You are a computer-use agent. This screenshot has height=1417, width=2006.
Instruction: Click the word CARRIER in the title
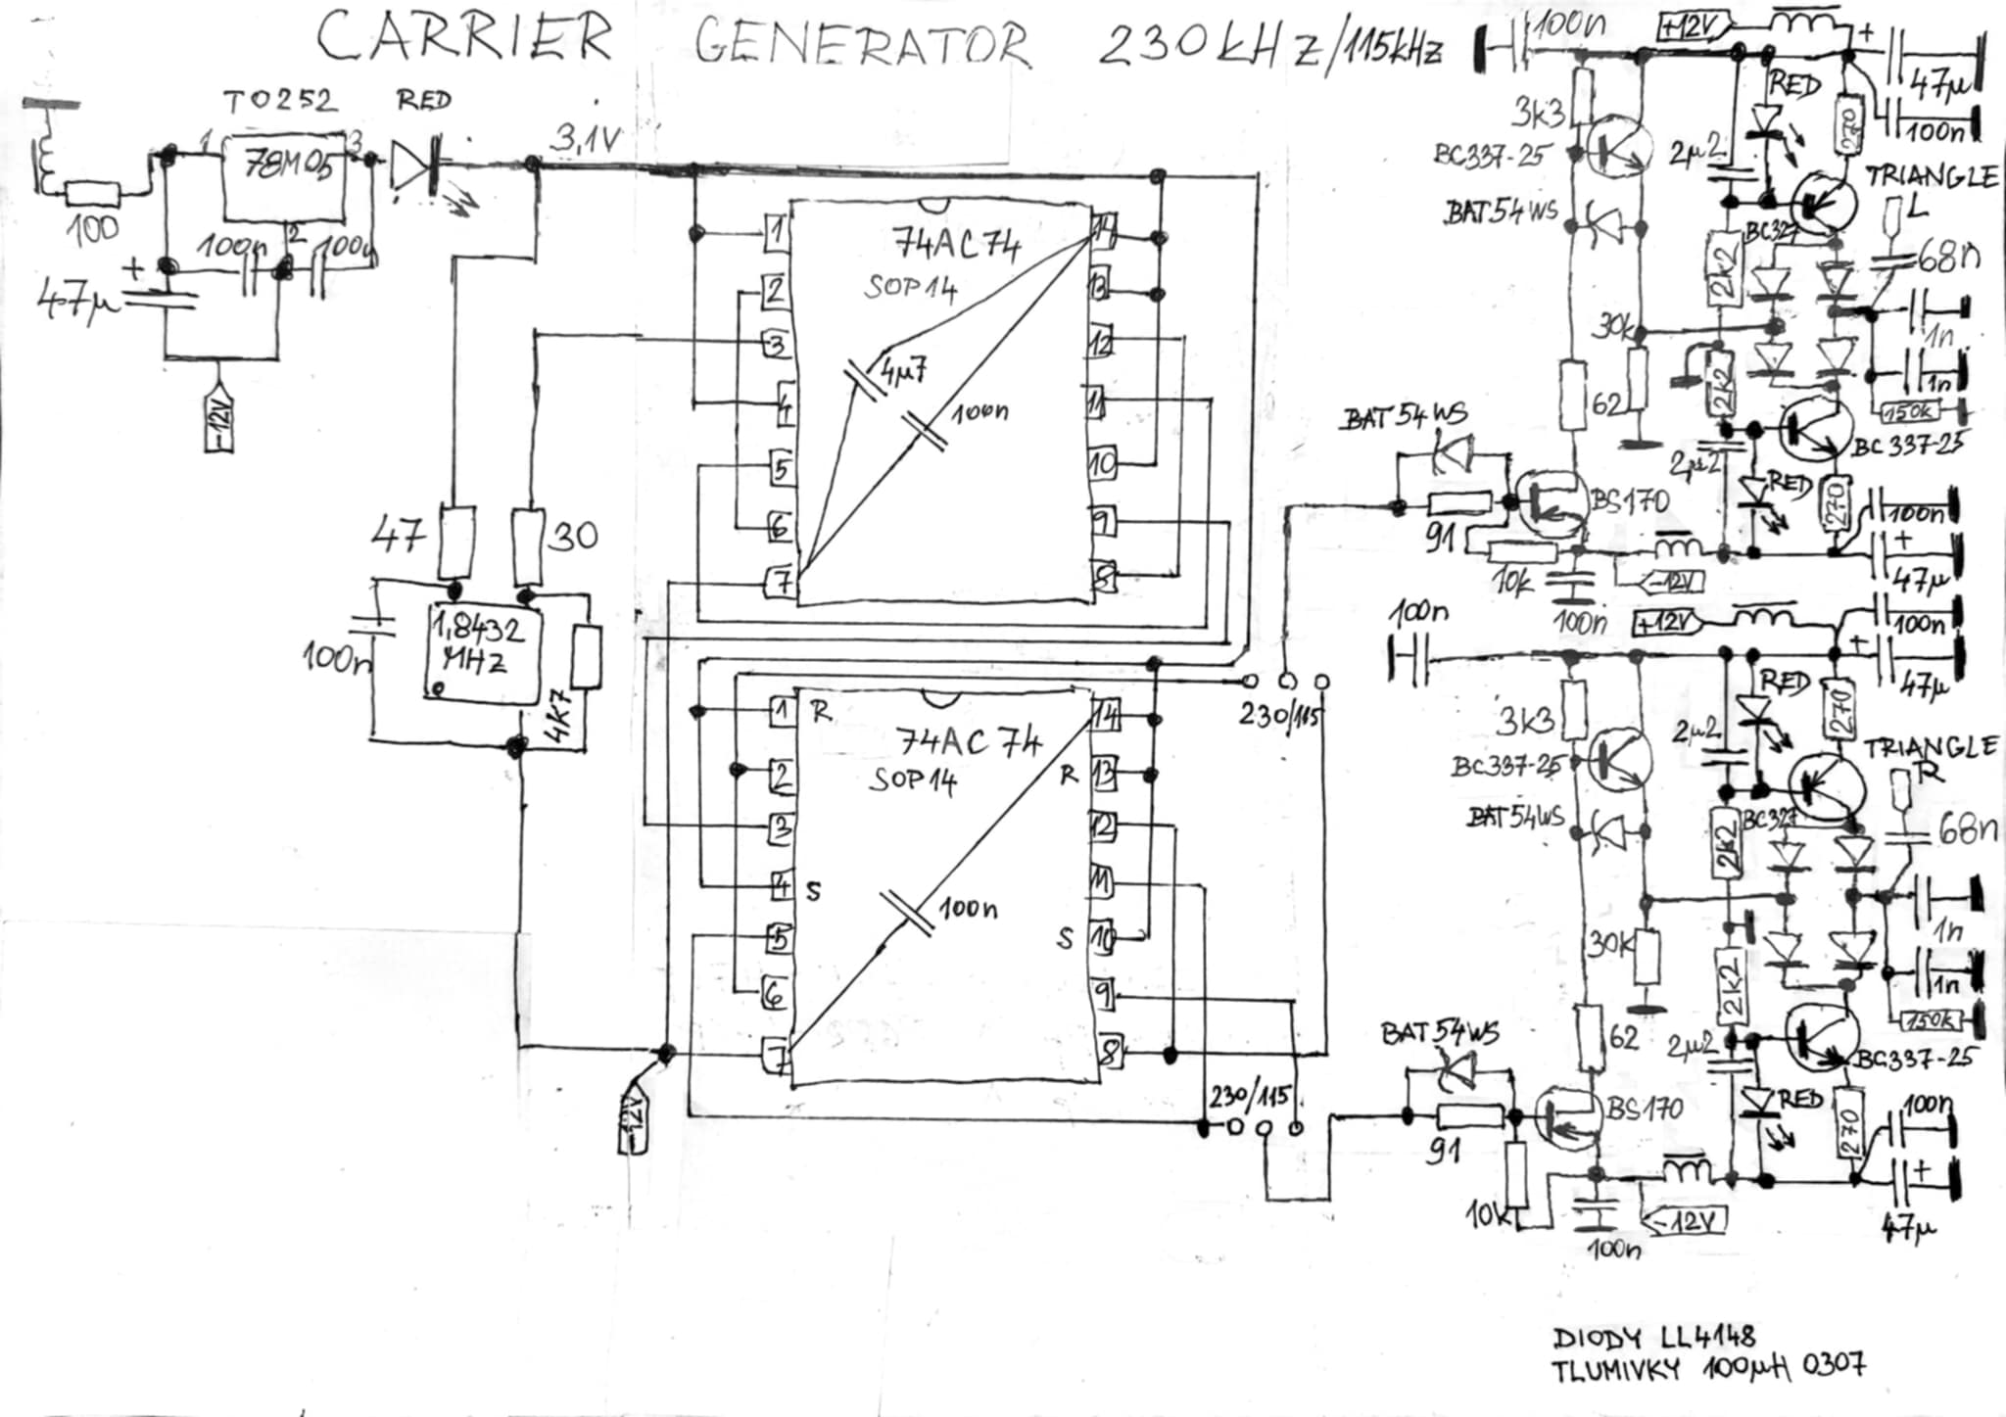click(x=464, y=39)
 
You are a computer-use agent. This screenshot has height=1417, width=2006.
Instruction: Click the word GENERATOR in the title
click(x=862, y=45)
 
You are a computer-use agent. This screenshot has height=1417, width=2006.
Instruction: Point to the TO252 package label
click(x=280, y=101)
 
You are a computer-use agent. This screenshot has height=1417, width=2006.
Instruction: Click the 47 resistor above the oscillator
click(x=455, y=542)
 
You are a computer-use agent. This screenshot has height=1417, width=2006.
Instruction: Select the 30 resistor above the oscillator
click(x=528, y=542)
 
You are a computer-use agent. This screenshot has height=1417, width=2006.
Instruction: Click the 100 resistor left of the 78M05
click(x=92, y=194)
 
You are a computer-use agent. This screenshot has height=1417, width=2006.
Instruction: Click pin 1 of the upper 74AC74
click(x=776, y=232)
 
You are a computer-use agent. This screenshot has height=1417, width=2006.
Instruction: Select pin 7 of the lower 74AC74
click(x=779, y=1059)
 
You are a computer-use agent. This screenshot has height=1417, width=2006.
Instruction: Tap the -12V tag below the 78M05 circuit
click(x=218, y=422)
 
